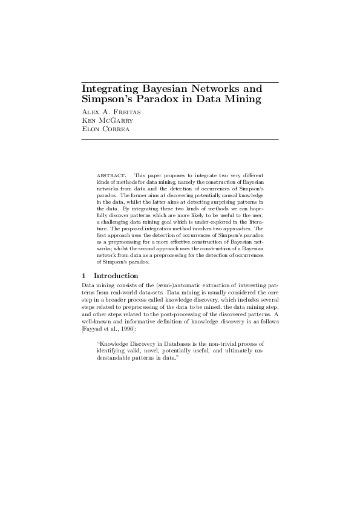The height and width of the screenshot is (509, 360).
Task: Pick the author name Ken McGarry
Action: (x=103, y=120)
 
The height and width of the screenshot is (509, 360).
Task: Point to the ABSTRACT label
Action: (x=110, y=175)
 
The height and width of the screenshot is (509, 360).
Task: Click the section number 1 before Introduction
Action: (x=83, y=276)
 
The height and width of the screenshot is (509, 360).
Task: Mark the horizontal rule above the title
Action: (x=180, y=82)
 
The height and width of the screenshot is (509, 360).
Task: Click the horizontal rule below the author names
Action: (x=180, y=139)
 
